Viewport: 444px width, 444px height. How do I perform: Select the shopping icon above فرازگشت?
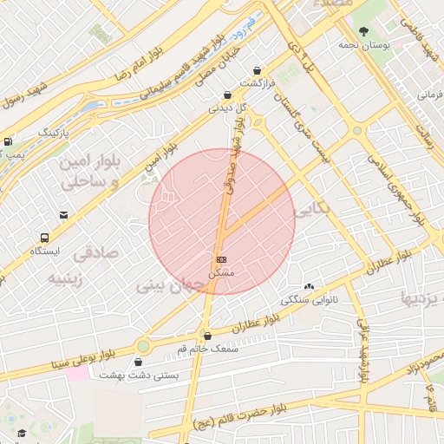coord(256,70)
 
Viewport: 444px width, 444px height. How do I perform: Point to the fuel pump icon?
coord(9,141)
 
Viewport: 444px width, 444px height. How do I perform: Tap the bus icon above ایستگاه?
coord(44,237)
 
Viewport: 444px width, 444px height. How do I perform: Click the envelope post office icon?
coord(63,215)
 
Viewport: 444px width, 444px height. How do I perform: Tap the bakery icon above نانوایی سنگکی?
coord(308,287)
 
